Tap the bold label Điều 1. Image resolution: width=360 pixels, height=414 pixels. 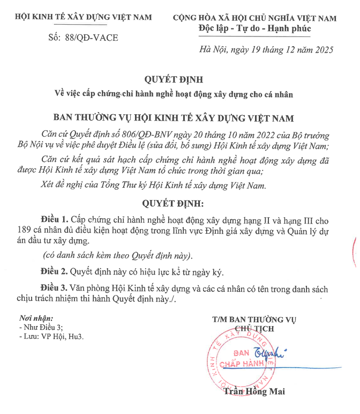55,220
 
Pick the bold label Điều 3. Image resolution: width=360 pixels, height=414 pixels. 55,289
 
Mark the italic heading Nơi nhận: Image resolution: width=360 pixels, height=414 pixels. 36,318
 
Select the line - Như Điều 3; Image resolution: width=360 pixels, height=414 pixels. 41,327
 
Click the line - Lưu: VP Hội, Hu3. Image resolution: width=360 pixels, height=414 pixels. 51,336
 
